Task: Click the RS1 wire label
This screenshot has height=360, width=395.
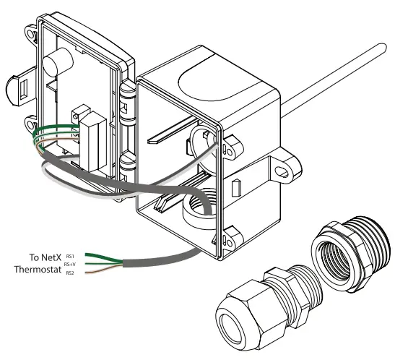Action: tap(70, 256)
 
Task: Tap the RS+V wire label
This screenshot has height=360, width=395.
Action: tap(71, 265)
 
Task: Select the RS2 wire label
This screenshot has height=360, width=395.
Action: tap(70, 273)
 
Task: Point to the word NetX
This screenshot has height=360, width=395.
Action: tap(48, 257)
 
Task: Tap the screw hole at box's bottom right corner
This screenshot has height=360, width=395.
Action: tap(233, 233)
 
